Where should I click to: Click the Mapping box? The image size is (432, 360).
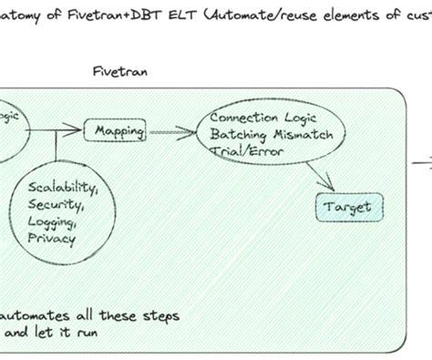[119, 132]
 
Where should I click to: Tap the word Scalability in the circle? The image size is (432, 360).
[65, 189]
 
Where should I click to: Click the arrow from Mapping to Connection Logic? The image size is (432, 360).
[173, 132]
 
